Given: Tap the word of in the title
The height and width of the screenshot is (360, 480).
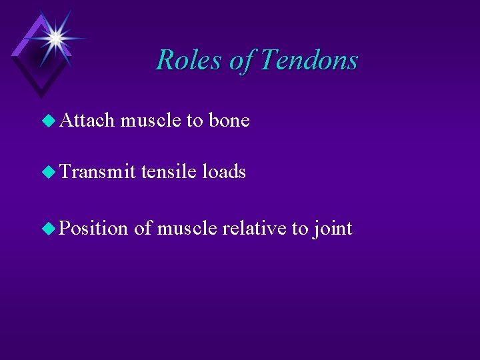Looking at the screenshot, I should [x=241, y=60].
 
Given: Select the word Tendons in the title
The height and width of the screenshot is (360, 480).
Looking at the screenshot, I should [x=309, y=60].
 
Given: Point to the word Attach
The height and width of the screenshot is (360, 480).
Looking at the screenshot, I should [x=87, y=121].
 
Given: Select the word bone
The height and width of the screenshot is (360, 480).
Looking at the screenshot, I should [x=229, y=121].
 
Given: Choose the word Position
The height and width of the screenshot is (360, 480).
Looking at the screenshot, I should [x=94, y=229].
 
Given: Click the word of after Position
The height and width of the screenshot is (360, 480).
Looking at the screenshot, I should [x=142, y=229].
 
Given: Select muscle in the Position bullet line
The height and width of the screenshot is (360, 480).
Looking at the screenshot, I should [x=186, y=229].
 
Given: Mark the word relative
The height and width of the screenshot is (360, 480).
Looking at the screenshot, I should [x=254, y=229].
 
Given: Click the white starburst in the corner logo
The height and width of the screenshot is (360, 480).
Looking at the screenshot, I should [x=53, y=37].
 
